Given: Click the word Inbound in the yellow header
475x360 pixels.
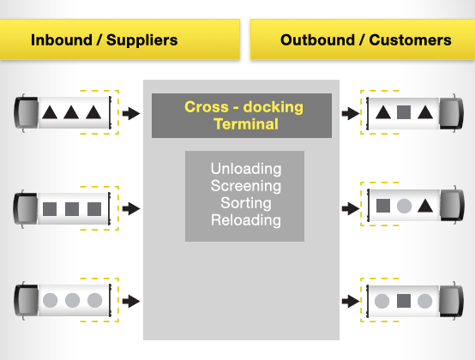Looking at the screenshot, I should [60, 39].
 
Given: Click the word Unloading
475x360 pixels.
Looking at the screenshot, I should [245, 168].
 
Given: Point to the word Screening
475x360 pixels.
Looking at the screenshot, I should [245, 185].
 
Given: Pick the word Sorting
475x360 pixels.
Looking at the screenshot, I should [245, 202].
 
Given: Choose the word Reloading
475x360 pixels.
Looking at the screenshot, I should [245, 219].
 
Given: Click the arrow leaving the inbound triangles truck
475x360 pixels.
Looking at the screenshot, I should [130, 113].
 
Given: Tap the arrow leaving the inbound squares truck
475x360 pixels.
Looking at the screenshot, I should [130, 208].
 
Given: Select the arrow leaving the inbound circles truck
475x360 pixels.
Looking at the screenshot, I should [130, 301].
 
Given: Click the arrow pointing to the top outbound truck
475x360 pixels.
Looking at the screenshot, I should [349, 113].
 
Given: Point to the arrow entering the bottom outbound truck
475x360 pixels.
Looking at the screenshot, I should [349, 301].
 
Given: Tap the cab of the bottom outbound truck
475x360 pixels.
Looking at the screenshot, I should [449, 301].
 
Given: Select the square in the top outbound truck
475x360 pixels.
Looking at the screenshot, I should [404, 111].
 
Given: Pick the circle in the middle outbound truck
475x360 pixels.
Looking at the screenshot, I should [404, 206].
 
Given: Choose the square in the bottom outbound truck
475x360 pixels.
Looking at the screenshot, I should [404, 301].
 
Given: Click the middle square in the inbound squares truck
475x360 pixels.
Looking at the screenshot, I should [72, 208].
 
